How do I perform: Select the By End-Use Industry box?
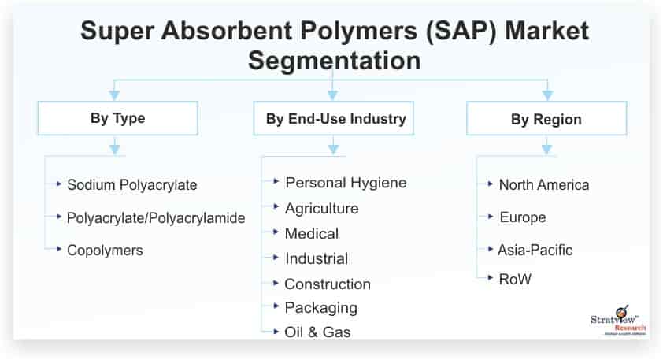pos(335,119)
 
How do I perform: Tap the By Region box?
pos(546,120)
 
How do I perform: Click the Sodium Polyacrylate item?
pos(131,185)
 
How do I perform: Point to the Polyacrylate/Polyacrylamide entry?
pos(156,217)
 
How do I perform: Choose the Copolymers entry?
pos(105,250)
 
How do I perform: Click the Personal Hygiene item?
pos(346,183)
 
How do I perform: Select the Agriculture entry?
pos(321,209)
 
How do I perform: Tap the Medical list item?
pos(311,234)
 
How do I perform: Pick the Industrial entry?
pos(316,258)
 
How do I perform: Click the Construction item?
pos(327,284)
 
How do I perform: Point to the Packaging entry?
pos(320,307)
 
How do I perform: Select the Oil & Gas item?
pos(317,332)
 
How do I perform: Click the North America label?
pos(543,185)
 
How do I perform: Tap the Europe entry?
pos(522,217)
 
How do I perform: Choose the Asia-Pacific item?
pos(535,250)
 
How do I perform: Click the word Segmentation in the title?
pos(335,60)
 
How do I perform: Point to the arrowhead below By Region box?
pos(546,147)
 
